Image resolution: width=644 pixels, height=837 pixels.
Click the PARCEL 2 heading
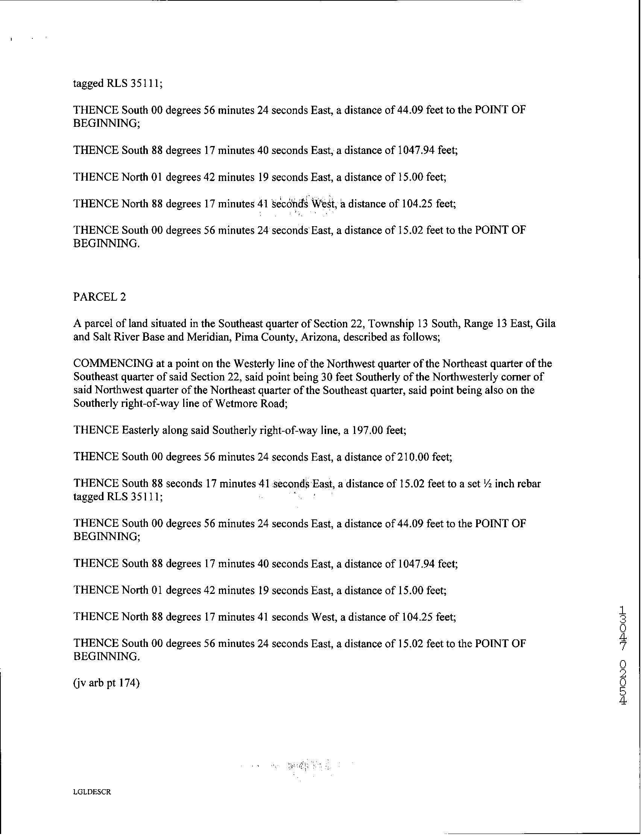coord(99,297)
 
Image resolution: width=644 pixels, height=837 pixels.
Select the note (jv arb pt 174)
coord(106,683)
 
